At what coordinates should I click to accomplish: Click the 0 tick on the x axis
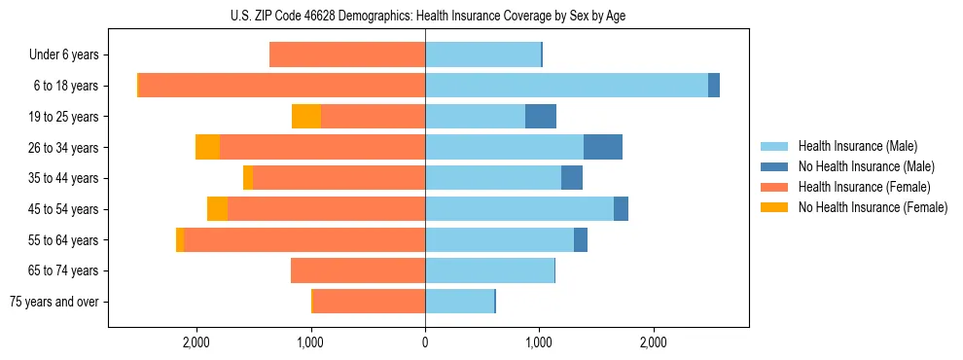pos(425,342)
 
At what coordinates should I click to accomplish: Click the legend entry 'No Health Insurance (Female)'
pos(873,207)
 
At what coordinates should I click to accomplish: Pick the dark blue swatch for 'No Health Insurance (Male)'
pos(774,166)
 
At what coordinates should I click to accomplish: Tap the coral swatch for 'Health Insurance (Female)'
pos(774,187)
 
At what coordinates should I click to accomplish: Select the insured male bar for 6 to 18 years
pos(566,86)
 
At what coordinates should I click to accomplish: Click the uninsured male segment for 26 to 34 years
pos(602,147)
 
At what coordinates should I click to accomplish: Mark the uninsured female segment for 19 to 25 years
pos(306,117)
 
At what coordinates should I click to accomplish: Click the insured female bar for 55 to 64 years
pos(304,239)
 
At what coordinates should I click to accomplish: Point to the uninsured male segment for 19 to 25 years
pos(541,117)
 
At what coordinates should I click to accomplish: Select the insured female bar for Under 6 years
pos(347,54)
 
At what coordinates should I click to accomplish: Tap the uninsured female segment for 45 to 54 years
pos(217,209)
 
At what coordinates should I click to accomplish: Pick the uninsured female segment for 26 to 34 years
pos(207,147)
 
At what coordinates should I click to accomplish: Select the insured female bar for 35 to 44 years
pos(339,178)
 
